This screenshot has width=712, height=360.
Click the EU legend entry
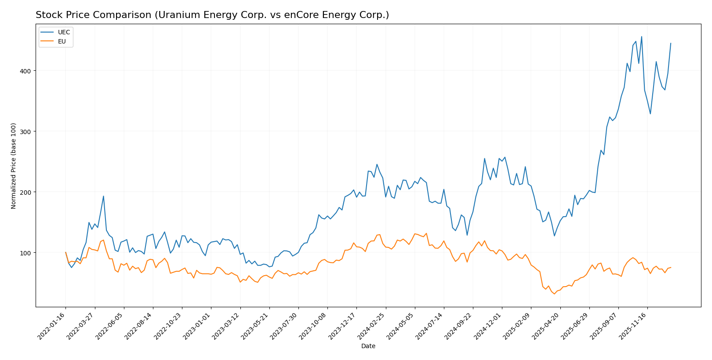(62, 41)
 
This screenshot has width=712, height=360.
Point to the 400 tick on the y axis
(25, 71)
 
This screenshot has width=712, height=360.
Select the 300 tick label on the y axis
(25, 131)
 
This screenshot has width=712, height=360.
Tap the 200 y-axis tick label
(25, 192)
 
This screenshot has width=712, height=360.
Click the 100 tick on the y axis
(25, 253)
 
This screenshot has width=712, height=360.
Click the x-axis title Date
(368, 346)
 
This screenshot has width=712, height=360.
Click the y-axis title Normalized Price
(14, 166)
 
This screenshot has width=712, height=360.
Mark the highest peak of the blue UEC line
(641, 36)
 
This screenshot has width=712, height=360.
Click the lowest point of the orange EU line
(554, 294)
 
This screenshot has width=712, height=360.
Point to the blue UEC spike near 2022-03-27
(103, 196)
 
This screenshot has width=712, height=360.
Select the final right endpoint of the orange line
(671, 267)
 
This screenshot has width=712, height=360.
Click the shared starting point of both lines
(65, 252)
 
